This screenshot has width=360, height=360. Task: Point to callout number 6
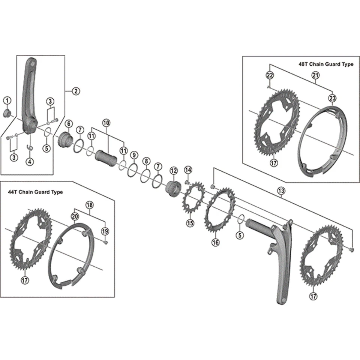click(x=69, y=124)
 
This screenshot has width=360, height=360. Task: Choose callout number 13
click(x=280, y=191)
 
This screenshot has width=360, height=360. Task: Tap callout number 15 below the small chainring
click(x=190, y=223)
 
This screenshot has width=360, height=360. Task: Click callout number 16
click(x=215, y=242)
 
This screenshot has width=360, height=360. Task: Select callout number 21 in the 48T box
click(x=315, y=75)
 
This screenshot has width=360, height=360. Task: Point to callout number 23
click(x=332, y=98)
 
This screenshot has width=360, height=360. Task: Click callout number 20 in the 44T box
click(x=74, y=216)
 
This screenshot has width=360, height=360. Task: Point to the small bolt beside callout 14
click(x=187, y=182)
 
